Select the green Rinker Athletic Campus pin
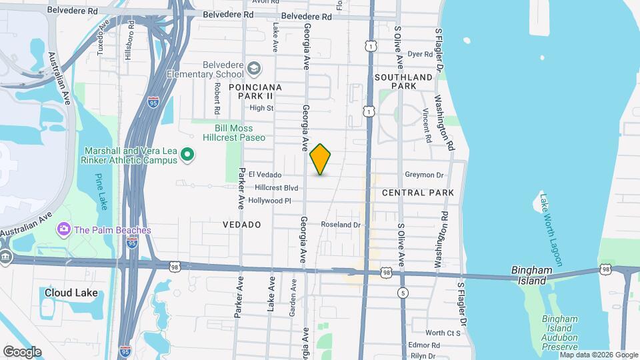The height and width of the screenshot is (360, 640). [188, 155]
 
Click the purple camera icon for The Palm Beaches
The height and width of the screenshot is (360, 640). [65, 229]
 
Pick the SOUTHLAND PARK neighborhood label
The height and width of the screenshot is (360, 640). [404, 81]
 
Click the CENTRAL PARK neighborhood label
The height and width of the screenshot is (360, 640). [418, 193]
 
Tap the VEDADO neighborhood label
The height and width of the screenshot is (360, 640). [242, 225]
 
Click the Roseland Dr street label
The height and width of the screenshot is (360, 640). [341, 225]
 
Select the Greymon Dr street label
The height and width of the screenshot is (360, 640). [424, 175]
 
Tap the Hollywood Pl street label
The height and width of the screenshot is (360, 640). [269, 200]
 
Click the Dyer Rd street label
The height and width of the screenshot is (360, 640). [420, 54]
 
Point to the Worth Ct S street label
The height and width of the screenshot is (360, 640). [443, 333]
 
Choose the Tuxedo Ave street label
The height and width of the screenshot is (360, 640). [103, 37]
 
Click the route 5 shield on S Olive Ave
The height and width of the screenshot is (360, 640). [403, 293]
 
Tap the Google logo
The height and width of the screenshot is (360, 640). [22, 351]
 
